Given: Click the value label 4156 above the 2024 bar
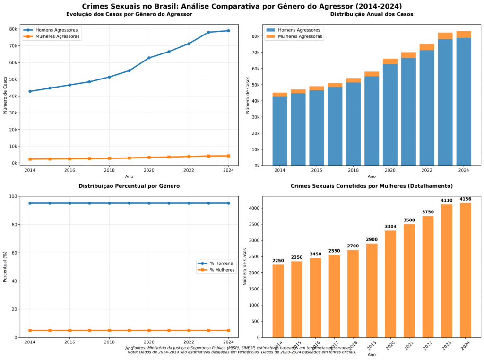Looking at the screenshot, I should pyautogui.click(x=465, y=199).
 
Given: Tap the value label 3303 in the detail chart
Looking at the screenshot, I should pyautogui.click(x=390, y=226).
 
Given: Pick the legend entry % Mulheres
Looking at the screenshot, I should pyautogui.click(x=219, y=270).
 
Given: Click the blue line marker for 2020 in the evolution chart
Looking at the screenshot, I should pyautogui.click(x=149, y=58).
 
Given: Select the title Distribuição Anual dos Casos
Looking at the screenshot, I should pyautogui.click(x=372, y=14).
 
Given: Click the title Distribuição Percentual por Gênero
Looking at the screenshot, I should pyautogui.click(x=129, y=186).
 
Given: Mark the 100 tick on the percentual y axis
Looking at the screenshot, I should pyautogui.click(x=14, y=196).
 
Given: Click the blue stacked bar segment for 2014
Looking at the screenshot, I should pyautogui.click(x=280, y=131).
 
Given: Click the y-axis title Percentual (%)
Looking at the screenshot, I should pyautogui.click(x=5, y=267).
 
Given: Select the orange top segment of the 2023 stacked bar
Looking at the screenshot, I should pyautogui.click(x=445, y=35).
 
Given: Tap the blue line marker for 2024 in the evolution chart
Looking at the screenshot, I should pyautogui.click(x=228, y=31).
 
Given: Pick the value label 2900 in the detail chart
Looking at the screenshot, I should pyautogui.click(x=371, y=239).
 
